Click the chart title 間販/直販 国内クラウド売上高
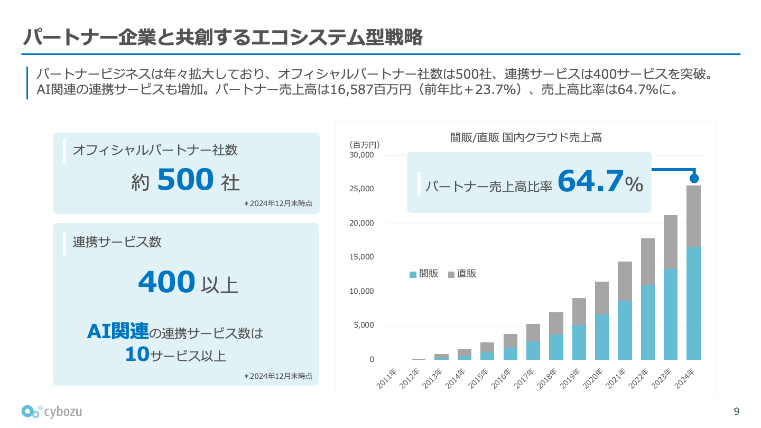526,138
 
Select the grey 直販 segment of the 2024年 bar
693,216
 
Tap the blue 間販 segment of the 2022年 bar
648,322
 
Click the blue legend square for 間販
413,274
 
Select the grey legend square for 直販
451,274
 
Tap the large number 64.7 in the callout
590,181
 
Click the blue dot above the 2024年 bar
694,179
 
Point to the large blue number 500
185,180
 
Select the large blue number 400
166,282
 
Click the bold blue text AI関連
118,332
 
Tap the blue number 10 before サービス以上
137,355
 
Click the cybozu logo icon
32,411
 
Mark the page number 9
737,411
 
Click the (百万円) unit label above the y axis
364,145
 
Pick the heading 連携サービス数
117,242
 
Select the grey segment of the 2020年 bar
602,298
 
